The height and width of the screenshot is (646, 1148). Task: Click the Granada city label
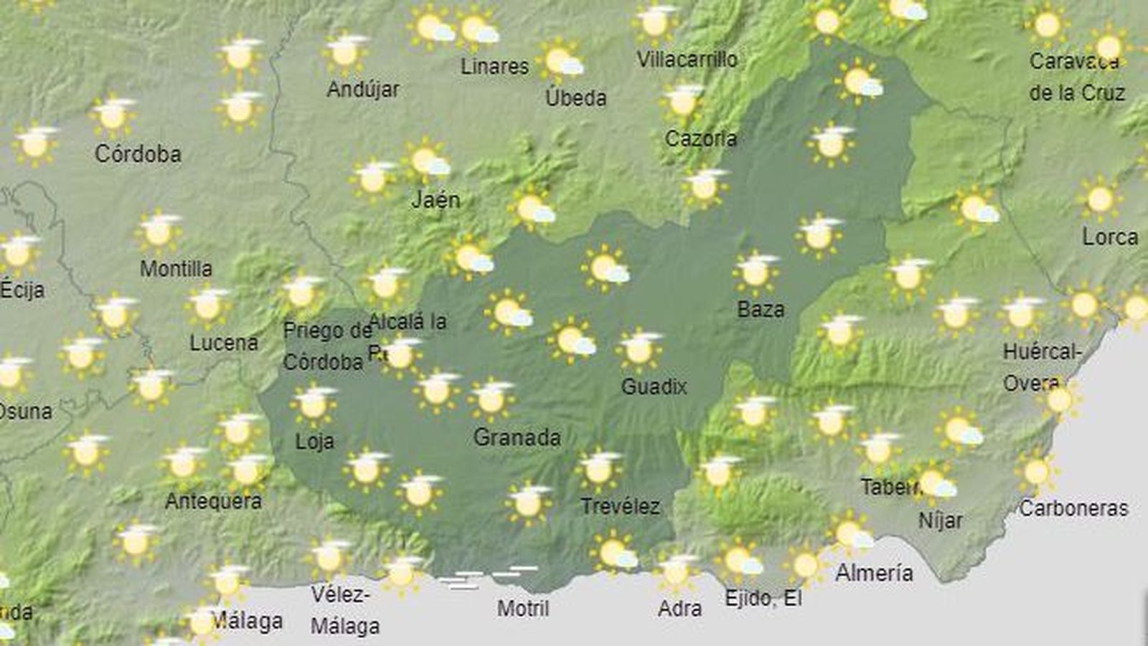click(517, 437)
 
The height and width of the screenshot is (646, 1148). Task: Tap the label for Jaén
click(436, 199)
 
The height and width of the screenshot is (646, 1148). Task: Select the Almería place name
click(874, 573)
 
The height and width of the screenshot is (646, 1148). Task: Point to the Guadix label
click(654, 386)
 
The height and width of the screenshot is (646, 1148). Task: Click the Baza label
click(761, 310)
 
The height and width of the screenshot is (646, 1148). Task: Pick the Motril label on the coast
click(523, 609)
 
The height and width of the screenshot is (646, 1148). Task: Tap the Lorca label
click(1110, 237)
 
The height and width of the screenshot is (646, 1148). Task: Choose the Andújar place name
click(363, 90)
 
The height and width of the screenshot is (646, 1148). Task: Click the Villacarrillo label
click(687, 59)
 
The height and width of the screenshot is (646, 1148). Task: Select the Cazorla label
click(700, 138)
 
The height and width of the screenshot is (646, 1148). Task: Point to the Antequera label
click(213, 500)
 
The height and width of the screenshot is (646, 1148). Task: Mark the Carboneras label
click(1073, 508)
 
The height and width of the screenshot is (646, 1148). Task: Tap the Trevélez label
click(620, 506)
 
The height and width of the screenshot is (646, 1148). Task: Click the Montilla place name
click(176, 269)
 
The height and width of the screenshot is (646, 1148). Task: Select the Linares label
click(494, 67)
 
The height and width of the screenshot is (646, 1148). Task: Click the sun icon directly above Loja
click(314, 404)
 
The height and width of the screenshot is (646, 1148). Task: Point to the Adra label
click(679, 609)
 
